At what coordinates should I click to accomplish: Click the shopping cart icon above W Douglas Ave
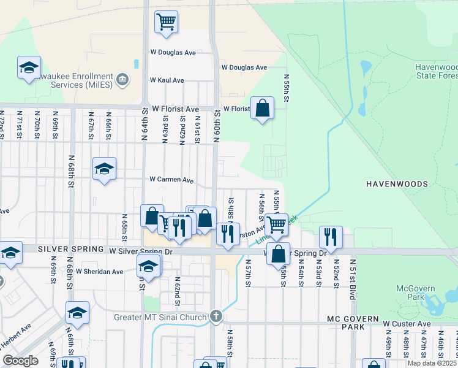(166, 23)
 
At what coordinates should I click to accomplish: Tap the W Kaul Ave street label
(167, 80)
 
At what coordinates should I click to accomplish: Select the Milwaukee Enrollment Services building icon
(122, 79)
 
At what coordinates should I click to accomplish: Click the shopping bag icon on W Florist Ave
(262, 109)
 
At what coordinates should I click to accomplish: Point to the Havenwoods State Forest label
(436, 71)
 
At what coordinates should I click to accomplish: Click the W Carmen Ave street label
(172, 180)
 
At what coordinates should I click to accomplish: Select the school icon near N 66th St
(105, 169)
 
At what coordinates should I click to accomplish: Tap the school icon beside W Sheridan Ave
(148, 266)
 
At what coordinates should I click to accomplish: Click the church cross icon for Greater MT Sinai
(215, 316)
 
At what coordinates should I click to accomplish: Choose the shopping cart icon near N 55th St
(276, 224)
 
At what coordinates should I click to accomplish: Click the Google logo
(20, 361)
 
